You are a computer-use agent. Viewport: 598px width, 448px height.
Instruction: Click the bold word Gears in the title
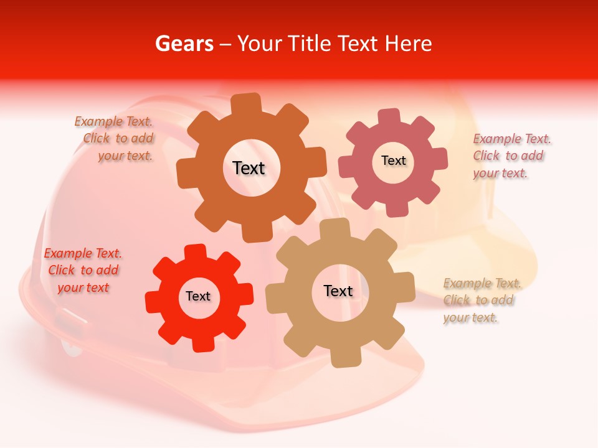[184, 44]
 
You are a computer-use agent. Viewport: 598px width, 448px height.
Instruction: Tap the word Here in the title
[407, 44]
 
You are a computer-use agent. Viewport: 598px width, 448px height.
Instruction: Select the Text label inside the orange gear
[249, 168]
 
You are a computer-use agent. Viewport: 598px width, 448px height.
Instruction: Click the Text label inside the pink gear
[393, 161]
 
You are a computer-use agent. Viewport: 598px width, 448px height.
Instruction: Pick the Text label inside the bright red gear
[198, 296]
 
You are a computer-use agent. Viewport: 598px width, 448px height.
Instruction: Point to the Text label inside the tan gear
[338, 291]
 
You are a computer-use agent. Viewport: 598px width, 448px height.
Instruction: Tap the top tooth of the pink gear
[389, 116]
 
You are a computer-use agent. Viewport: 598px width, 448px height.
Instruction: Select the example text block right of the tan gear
[481, 300]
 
